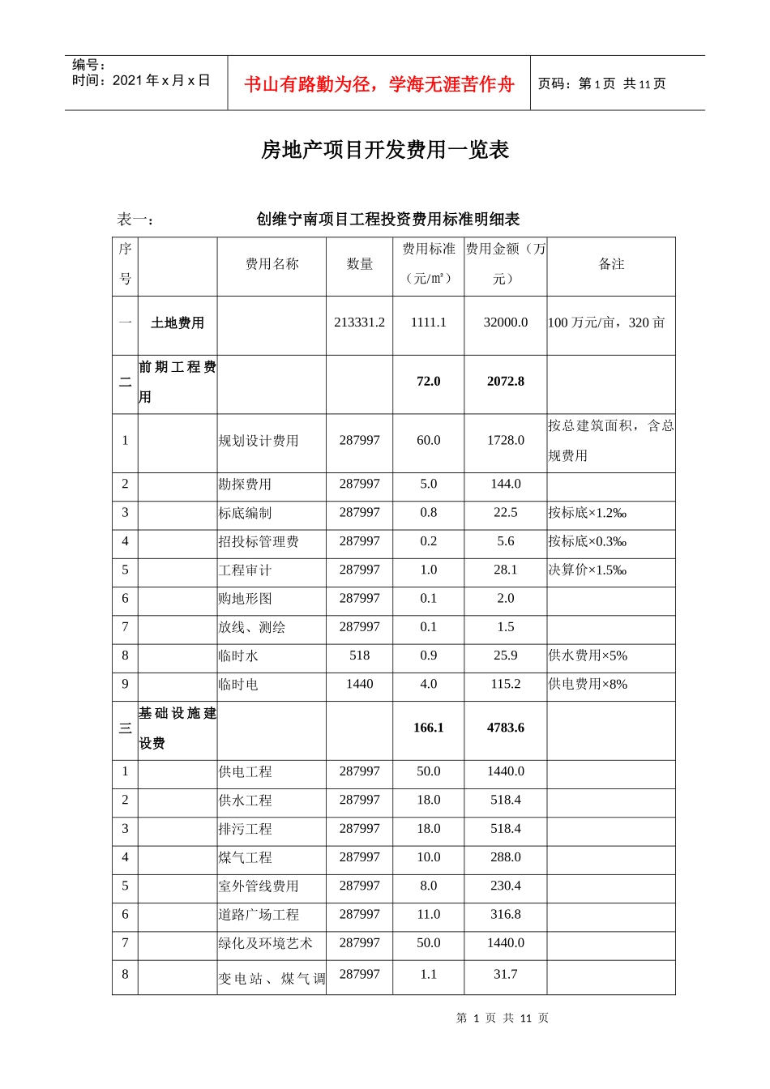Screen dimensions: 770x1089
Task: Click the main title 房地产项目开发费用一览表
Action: pos(385,150)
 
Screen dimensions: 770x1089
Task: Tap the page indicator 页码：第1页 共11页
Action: pos(601,83)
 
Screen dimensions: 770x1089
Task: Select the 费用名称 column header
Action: pos(272,264)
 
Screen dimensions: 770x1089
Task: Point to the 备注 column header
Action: pos(611,264)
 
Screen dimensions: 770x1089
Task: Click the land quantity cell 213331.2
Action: pos(359,322)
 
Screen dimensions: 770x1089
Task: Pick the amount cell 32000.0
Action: pos(505,322)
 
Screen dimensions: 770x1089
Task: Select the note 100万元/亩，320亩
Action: pos(606,322)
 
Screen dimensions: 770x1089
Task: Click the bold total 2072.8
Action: pos(505,382)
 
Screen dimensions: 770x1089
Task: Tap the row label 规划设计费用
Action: pos(259,441)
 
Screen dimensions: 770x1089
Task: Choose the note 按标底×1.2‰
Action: pos(587,513)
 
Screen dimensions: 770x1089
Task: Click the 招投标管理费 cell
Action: pos(259,541)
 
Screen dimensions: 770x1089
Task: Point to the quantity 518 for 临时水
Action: pos(359,656)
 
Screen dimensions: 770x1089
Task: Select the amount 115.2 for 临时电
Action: pos(505,684)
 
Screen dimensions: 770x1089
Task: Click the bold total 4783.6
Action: pos(505,728)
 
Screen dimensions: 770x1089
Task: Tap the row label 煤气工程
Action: pos(245,857)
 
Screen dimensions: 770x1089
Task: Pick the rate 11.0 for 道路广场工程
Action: pos(428,914)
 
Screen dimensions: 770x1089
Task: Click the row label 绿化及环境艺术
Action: pos(265,943)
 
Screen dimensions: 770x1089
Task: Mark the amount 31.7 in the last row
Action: pos(505,974)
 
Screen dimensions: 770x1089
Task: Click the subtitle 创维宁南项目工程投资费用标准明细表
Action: pos(388,219)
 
